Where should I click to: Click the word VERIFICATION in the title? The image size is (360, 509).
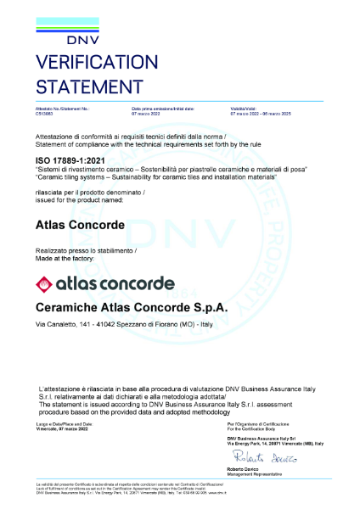(97, 64)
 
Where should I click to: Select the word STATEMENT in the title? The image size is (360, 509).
(88, 85)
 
